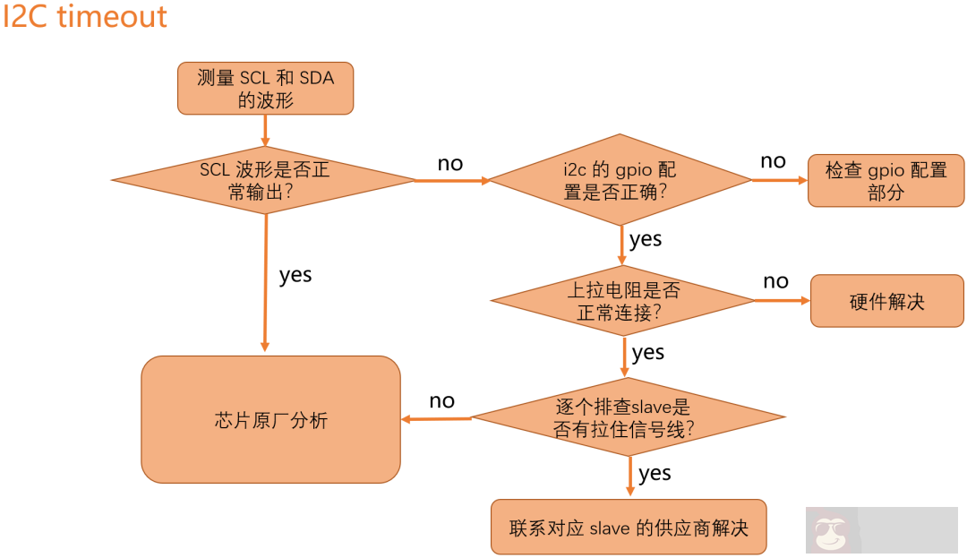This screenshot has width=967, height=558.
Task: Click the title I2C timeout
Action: coord(85,17)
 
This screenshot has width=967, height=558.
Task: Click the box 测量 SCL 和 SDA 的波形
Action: coord(265,89)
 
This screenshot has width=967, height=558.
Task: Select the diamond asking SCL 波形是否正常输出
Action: coord(264,180)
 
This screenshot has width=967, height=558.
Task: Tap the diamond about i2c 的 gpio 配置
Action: coord(620,180)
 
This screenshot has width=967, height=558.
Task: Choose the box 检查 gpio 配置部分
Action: coord(886,181)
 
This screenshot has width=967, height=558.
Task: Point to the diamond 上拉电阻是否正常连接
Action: coord(623,301)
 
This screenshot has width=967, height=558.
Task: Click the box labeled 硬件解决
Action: coord(886,301)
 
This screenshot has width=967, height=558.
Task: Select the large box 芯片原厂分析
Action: coord(270,419)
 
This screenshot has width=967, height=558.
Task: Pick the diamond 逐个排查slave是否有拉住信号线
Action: coord(628,417)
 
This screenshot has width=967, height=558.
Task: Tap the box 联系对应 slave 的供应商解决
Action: coord(629,528)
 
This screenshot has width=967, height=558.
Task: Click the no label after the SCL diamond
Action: coord(450,164)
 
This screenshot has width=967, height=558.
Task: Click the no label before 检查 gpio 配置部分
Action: coord(773,161)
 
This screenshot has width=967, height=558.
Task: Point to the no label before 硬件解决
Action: coord(775,281)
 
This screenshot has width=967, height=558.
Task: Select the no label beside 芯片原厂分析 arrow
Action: coord(441,401)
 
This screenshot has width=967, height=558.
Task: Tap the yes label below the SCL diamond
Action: coord(295,275)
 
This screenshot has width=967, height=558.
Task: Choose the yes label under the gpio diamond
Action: coord(646,239)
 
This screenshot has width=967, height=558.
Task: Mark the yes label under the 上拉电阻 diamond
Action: coord(648,353)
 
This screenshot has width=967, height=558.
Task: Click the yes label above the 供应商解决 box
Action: coord(655,473)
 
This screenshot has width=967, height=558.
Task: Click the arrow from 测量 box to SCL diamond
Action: coord(265,130)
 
